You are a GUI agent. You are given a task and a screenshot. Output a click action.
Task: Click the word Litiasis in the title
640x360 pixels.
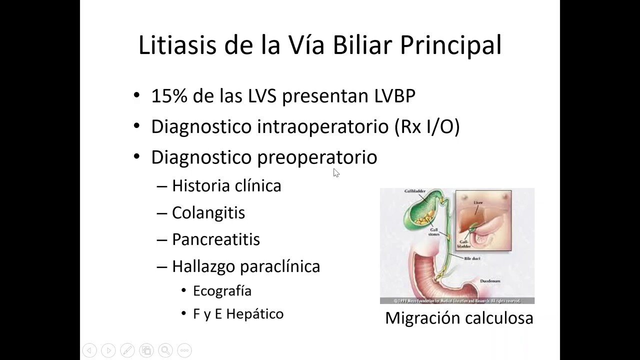176,44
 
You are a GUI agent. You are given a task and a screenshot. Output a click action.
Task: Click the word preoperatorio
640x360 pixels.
317,157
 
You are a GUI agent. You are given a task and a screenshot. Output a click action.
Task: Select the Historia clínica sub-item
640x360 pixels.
226,186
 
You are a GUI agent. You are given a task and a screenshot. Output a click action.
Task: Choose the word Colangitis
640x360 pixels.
208,212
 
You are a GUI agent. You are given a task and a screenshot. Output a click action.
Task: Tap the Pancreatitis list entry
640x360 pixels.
215,239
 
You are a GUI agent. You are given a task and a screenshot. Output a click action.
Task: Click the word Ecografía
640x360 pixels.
222,290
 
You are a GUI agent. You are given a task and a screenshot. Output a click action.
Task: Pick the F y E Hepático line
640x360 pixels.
238,314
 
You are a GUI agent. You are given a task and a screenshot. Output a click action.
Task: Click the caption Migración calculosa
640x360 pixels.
458,318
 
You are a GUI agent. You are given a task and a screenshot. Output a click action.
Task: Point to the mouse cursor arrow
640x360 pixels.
335,172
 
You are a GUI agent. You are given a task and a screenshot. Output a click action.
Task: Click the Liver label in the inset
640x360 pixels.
477,203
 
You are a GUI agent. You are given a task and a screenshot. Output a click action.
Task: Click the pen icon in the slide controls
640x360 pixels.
127,350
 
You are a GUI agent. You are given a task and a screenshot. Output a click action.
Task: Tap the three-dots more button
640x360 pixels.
184,350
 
